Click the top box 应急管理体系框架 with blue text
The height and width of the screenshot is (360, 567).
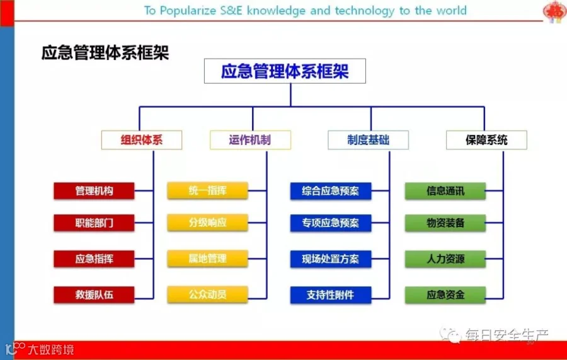[285, 71]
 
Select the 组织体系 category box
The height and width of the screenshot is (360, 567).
[142, 140]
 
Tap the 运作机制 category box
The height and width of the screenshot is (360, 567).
[250, 140]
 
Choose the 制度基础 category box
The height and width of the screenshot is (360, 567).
[368, 140]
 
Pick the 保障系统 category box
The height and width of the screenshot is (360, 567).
[487, 140]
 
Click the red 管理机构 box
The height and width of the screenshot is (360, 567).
[94, 190]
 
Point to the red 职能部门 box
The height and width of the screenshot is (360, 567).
[94, 223]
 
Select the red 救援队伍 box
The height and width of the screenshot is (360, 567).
[94, 294]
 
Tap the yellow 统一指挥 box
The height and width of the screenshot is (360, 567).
[207, 190]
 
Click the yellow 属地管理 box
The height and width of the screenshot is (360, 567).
[207, 258]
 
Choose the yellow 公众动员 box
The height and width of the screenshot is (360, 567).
[207, 294]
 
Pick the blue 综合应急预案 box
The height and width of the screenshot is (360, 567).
[331, 190]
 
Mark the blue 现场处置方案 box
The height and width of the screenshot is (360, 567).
[331, 258]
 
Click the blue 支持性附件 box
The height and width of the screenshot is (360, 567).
[331, 294]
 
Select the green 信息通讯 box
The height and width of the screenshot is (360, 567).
[445, 190]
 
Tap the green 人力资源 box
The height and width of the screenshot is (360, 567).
[445, 258]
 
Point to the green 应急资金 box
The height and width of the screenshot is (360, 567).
[445, 294]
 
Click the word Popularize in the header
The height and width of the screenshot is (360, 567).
[188, 11]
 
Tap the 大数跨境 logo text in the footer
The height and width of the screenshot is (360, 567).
[51, 350]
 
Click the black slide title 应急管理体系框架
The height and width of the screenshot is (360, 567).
[105, 53]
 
